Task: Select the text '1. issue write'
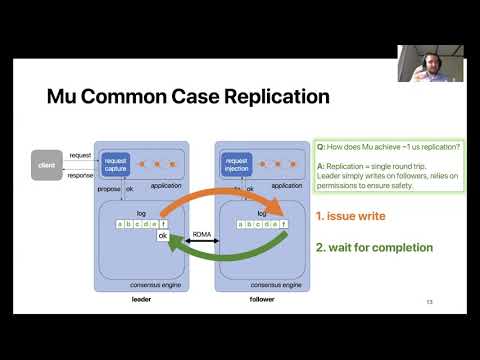tap(351, 215)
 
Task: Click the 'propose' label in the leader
tap(109, 186)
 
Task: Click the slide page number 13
tap(428, 301)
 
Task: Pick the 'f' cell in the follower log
tap(283, 224)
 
